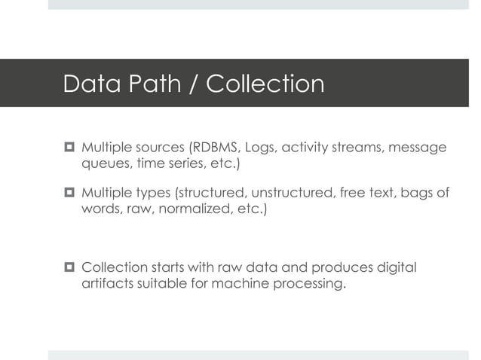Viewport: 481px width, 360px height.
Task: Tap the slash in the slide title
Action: [x=191, y=84]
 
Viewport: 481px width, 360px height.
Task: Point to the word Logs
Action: [x=262, y=147]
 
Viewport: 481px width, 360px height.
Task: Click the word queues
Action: [x=104, y=164]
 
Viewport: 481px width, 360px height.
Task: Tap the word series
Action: [x=181, y=164]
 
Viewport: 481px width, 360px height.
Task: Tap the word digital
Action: [x=397, y=268]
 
